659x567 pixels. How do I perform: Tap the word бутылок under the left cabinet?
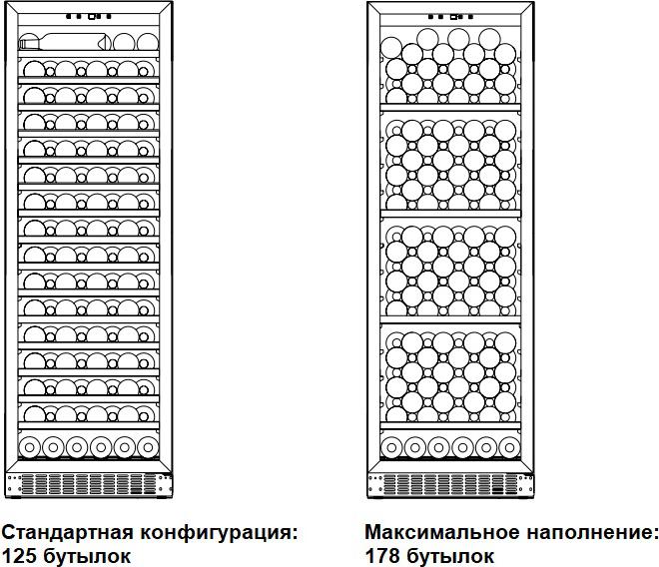click(87, 556)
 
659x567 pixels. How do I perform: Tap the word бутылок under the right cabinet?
click(450, 556)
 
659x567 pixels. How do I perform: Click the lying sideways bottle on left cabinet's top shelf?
click(64, 42)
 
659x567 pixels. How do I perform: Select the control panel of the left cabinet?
click(89, 17)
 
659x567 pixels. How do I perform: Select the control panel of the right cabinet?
click(451, 17)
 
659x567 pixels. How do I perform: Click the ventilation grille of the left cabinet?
click(89, 484)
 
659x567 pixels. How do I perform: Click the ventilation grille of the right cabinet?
click(451, 484)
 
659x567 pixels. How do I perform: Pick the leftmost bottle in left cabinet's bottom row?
click(29, 447)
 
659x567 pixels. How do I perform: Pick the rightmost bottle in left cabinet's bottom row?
click(148, 447)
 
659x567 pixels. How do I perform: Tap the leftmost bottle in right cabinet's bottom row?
click(391, 447)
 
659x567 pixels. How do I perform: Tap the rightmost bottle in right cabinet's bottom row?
click(510, 447)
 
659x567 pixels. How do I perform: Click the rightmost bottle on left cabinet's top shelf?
click(148, 43)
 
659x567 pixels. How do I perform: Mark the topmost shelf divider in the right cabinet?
click(450, 107)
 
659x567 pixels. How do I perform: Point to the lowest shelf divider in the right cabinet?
click(450, 426)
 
